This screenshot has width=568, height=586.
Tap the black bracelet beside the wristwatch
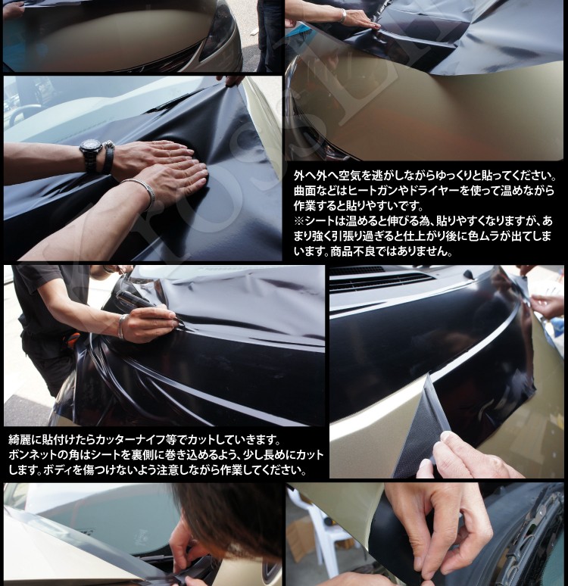click(108, 157)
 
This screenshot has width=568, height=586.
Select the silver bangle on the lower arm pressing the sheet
click(140, 192)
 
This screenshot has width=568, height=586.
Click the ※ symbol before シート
click(299, 221)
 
